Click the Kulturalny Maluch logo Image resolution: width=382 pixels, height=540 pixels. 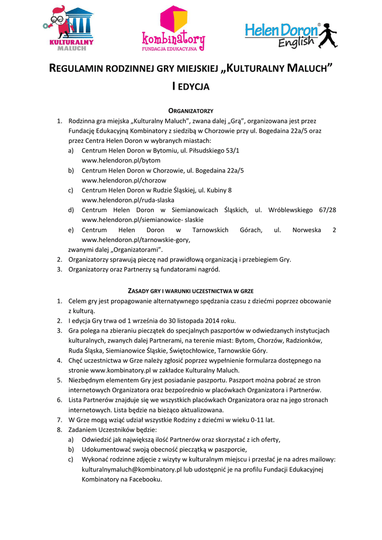click(68, 28)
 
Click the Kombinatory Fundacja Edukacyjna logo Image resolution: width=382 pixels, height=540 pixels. click(173, 29)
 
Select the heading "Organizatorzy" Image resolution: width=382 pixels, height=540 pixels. click(190, 110)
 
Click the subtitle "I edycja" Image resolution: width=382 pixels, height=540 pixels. click(191, 86)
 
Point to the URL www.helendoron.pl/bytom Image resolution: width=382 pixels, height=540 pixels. click(121, 160)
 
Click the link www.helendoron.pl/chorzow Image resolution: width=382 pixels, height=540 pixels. click(124, 180)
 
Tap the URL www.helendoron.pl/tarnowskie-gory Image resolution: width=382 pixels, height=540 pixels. click(136, 240)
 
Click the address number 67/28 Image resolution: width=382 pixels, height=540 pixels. click(327, 210)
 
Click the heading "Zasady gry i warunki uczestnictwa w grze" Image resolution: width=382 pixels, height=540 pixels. click(190, 291)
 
